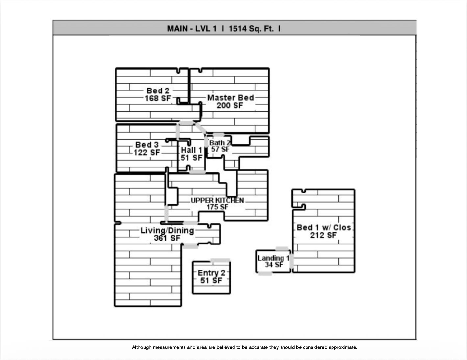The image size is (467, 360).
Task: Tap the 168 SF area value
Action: pyautogui.click(x=158, y=98)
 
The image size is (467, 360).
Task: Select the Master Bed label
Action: pyautogui.click(x=230, y=98)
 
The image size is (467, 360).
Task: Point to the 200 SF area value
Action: pyautogui.click(x=230, y=105)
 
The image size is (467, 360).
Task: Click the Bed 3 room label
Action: pyautogui.click(x=147, y=145)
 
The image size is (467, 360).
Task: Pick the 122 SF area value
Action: pyautogui.click(x=147, y=152)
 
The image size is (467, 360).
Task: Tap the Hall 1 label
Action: pyautogui.click(x=191, y=150)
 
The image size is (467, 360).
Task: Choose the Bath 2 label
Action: pyautogui.click(x=220, y=143)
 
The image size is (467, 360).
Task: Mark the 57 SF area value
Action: pyautogui.click(x=220, y=149)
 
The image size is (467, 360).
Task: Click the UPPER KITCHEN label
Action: pyautogui.click(x=217, y=200)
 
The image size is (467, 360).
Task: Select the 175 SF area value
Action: pyautogui.click(x=217, y=207)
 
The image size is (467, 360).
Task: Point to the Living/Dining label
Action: pyautogui.click(x=167, y=230)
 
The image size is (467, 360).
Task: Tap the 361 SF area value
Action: pyautogui.click(x=167, y=238)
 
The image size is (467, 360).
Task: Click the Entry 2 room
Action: pyautogui.click(x=211, y=276)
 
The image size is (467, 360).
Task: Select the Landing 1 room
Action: pyautogui.click(x=273, y=258)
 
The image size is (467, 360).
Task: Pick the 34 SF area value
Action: pyautogui.click(x=274, y=265)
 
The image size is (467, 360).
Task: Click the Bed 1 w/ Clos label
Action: pyautogui.click(x=324, y=227)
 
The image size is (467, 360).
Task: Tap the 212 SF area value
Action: pyautogui.click(x=323, y=235)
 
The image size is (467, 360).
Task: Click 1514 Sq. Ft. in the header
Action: pyautogui.click(x=251, y=29)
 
